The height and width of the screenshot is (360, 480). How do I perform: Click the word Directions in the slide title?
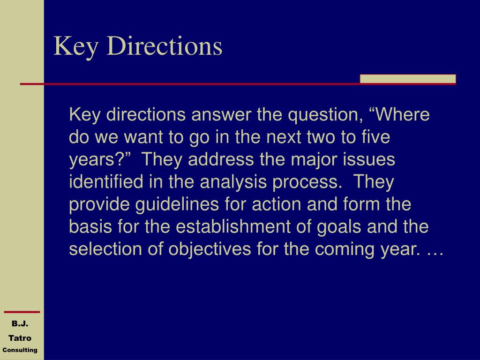pyautogui.click(x=165, y=46)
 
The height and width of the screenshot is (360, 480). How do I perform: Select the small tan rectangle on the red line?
pyautogui.click(x=408, y=79)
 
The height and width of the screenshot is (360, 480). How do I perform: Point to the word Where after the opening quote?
pyautogui.click(x=404, y=115)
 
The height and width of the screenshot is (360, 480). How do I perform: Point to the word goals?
pyautogui.click(x=339, y=227)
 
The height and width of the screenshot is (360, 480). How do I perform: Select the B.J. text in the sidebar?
pyautogui.click(x=20, y=323)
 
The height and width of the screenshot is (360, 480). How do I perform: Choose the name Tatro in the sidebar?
pyautogui.click(x=20, y=338)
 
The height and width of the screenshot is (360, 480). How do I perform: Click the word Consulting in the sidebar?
pyautogui.click(x=20, y=350)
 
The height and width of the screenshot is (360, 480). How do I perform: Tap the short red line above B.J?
pyautogui.click(x=22, y=312)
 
